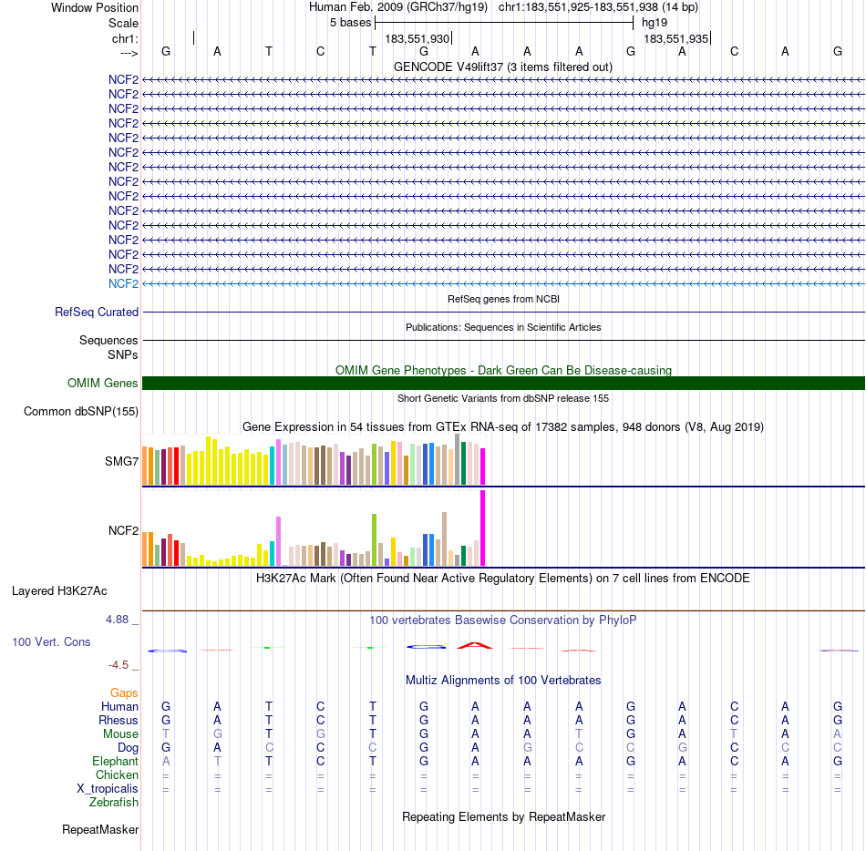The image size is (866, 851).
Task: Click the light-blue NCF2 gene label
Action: coord(123,283)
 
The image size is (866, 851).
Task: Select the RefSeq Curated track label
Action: coord(97,312)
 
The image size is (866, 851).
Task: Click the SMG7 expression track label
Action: coord(121,461)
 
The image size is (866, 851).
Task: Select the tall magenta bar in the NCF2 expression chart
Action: coord(483,528)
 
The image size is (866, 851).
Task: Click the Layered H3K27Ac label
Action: coord(76,590)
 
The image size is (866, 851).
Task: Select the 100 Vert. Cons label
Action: coord(51,642)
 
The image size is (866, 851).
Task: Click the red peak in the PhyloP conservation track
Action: coord(475,645)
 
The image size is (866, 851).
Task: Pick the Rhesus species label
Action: coord(118,720)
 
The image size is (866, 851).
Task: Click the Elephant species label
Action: coord(115,761)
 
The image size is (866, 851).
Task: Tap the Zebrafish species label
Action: coord(114,802)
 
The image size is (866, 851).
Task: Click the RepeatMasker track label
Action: coord(100,830)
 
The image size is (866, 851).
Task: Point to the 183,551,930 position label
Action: coord(417,39)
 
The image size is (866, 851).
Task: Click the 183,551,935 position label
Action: coord(675,39)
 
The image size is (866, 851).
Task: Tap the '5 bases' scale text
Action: coord(350,22)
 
